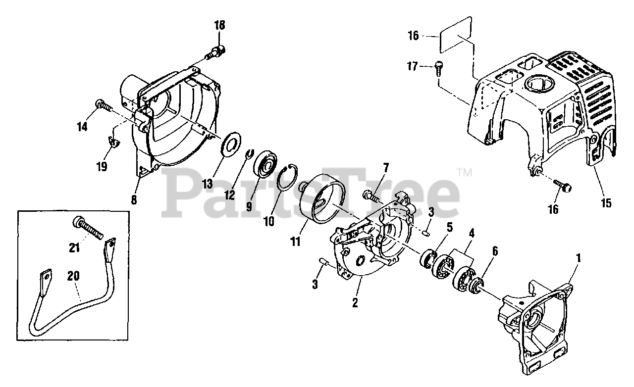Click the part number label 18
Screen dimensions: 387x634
pos(219,25)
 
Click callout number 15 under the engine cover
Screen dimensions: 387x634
pos(607,203)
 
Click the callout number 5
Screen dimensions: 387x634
pos(449,227)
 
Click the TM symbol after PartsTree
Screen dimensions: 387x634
pos(465,173)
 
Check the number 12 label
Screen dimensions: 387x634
pos(229,194)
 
